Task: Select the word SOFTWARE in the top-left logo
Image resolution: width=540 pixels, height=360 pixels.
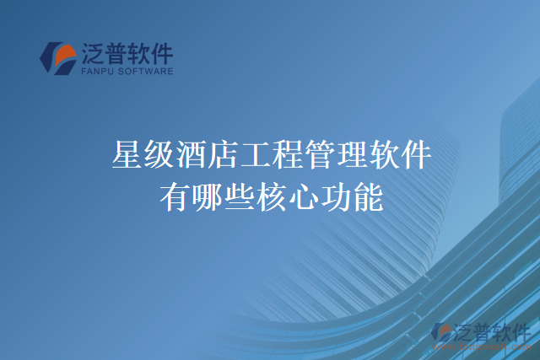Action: click(146, 73)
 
